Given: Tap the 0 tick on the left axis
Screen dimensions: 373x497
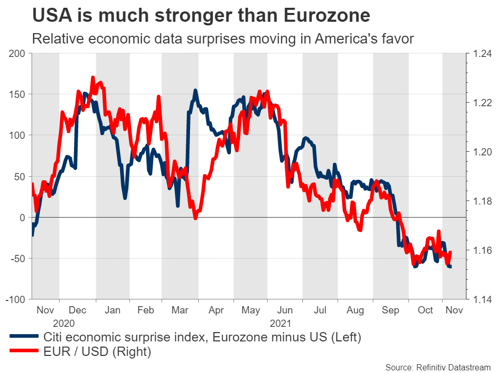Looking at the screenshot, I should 22,218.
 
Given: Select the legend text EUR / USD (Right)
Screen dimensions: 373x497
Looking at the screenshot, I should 97,352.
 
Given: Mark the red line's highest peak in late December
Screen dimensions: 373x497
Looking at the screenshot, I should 93,77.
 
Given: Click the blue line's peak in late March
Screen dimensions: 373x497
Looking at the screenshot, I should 195,91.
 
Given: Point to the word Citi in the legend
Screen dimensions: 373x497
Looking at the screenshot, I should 54,337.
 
